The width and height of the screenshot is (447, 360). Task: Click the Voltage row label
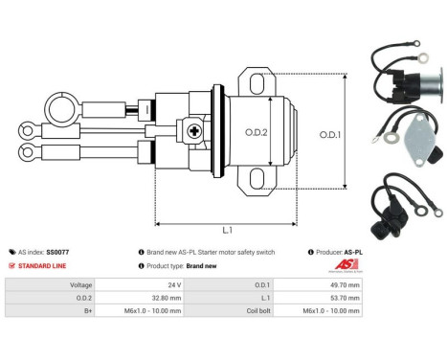81,284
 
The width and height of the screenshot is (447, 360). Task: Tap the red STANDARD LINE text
44,265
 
